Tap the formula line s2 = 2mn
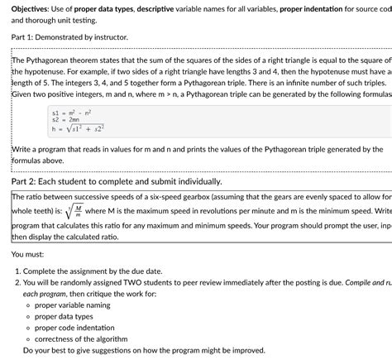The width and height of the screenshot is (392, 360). (x=68, y=120)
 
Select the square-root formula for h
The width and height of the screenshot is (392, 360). (x=82, y=129)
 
